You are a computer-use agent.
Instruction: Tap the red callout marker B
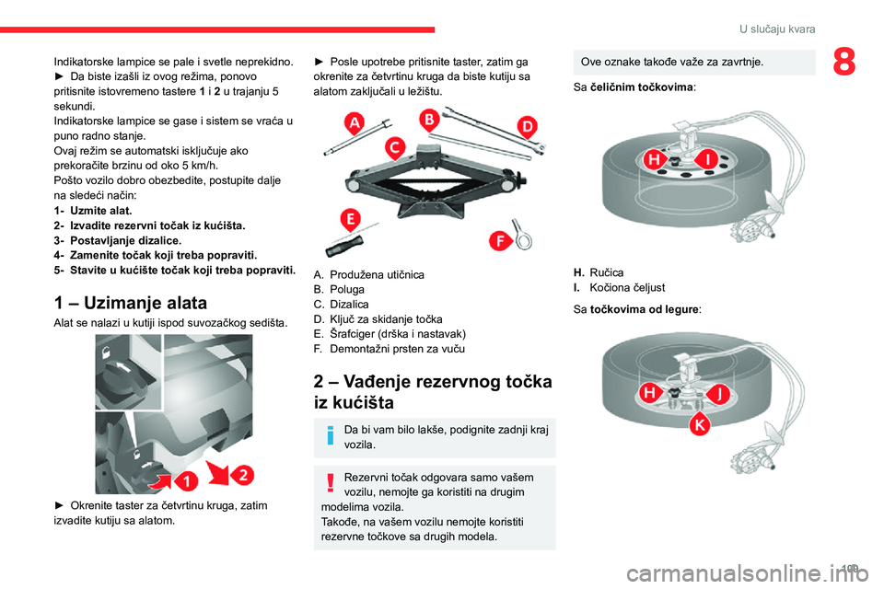[x=428, y=119]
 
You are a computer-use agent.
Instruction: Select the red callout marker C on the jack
[x=393, y=147]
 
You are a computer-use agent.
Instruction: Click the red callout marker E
[x=350, y=219]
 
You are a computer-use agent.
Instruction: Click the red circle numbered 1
[x=185, y=479]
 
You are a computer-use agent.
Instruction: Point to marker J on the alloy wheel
[x=718, y=394]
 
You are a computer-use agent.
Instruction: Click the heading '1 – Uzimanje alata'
[x=131, y=302]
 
